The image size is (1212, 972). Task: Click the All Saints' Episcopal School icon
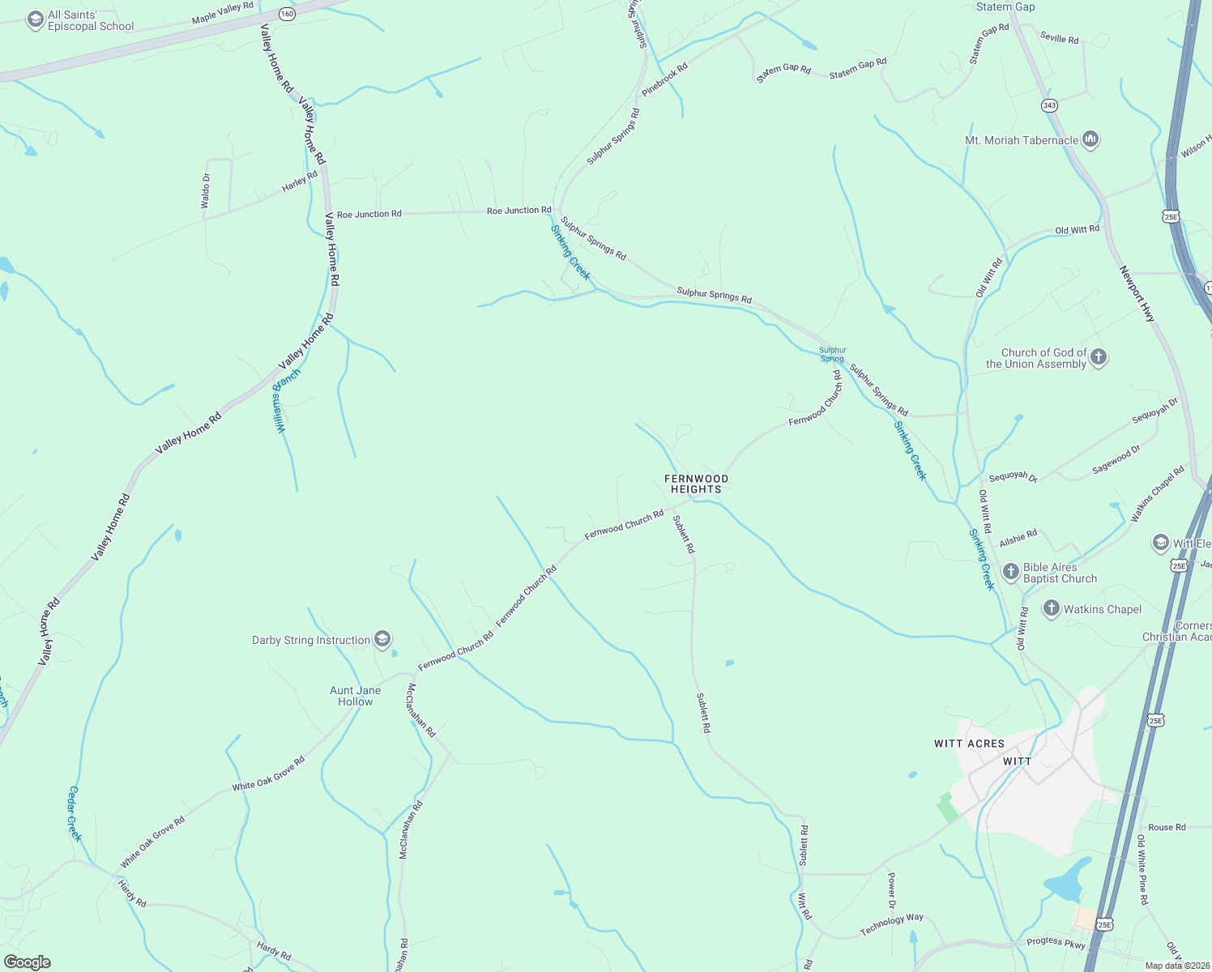35,20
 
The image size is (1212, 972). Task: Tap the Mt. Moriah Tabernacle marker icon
1090,140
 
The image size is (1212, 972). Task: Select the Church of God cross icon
1099,357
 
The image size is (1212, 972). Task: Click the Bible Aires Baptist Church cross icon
1010,572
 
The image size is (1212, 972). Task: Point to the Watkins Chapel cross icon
1052,609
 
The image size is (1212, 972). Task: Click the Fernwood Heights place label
696,484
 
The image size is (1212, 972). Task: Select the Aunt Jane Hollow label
355,696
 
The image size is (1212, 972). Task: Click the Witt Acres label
969,744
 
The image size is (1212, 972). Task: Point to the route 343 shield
1049,105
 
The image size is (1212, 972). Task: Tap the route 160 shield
288,14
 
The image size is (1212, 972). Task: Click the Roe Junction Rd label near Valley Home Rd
369,214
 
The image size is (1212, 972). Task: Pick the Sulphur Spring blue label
832,355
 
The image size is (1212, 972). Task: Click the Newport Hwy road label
1137,294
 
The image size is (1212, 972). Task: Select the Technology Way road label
891,923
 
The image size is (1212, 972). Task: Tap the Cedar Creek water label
75,813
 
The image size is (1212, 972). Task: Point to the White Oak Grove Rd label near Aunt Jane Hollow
268,774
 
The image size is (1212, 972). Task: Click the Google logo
28,961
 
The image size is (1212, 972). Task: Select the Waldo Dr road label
206,191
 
